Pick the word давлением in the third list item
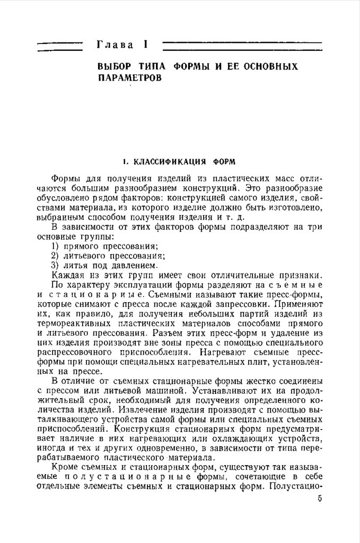click(139, 265)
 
